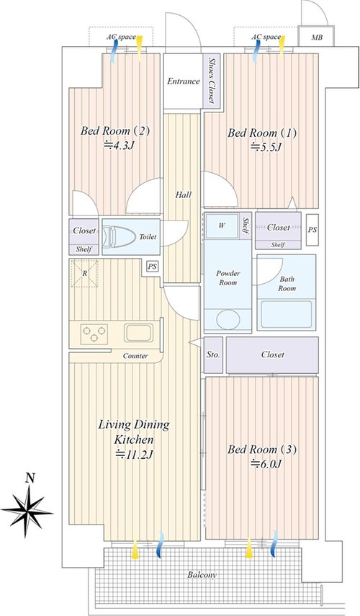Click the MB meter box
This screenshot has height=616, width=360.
click(316, 37)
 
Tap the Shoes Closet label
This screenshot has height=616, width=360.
click(212, 81)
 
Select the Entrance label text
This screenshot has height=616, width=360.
click(184, 81)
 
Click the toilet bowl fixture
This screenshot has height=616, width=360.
click(116, 236)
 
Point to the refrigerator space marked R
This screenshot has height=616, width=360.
click(85, 274)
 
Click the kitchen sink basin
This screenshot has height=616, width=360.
click(138, 333)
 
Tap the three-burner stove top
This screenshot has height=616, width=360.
click(94, 334)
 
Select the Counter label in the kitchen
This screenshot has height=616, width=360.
click(135, 356)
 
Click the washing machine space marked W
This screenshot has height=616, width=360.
click(222, 226)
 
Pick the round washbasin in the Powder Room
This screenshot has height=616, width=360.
click(228, 318)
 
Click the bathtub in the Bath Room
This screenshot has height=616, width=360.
click(287, 315)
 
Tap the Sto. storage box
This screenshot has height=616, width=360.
click(213, 354)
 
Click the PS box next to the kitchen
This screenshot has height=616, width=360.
click(153, 267)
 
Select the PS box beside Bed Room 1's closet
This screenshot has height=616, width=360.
click(312, 231)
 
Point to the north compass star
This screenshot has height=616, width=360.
click(28, 512)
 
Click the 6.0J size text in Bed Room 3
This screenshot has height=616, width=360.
click(266, 463)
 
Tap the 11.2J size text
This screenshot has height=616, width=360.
click(134, 455)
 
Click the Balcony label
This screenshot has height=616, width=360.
click(202, 575)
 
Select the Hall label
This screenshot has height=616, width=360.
click(184, 195)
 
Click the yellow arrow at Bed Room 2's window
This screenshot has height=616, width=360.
click(140, 46)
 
